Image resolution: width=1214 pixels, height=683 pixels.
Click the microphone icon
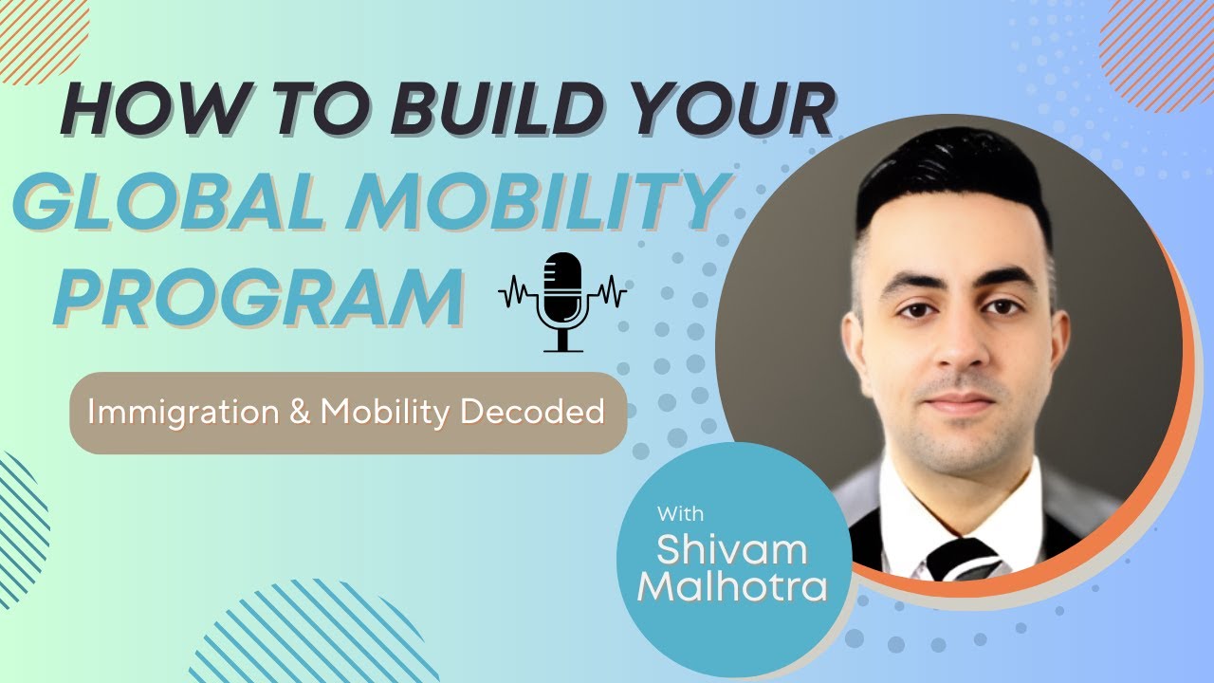tap(563, 300)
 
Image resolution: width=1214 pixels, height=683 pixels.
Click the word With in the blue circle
tap(680, 514)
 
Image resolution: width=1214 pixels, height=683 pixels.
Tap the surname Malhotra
tap(731, 587)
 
